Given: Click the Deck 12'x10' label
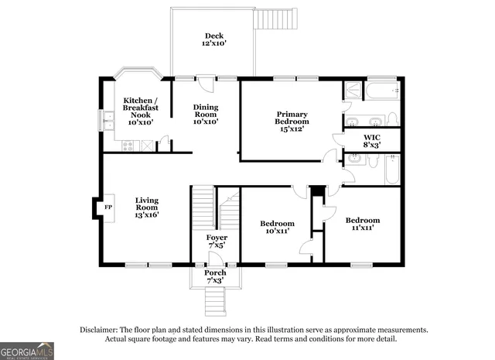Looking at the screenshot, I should tap(213, 39).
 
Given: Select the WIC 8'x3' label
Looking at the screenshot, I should tap(372, 140).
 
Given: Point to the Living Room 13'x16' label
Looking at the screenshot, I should tap(146, 207).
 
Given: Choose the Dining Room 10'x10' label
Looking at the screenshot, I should tap(205, 115).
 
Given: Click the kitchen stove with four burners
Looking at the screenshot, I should tap(126, 145).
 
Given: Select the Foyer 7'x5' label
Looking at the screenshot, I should tap(217, 242).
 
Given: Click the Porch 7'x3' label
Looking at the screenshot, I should tap(215, 276).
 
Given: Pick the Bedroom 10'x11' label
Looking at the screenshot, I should tap(276, 227).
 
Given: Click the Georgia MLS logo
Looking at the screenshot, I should tap(27, 351).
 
